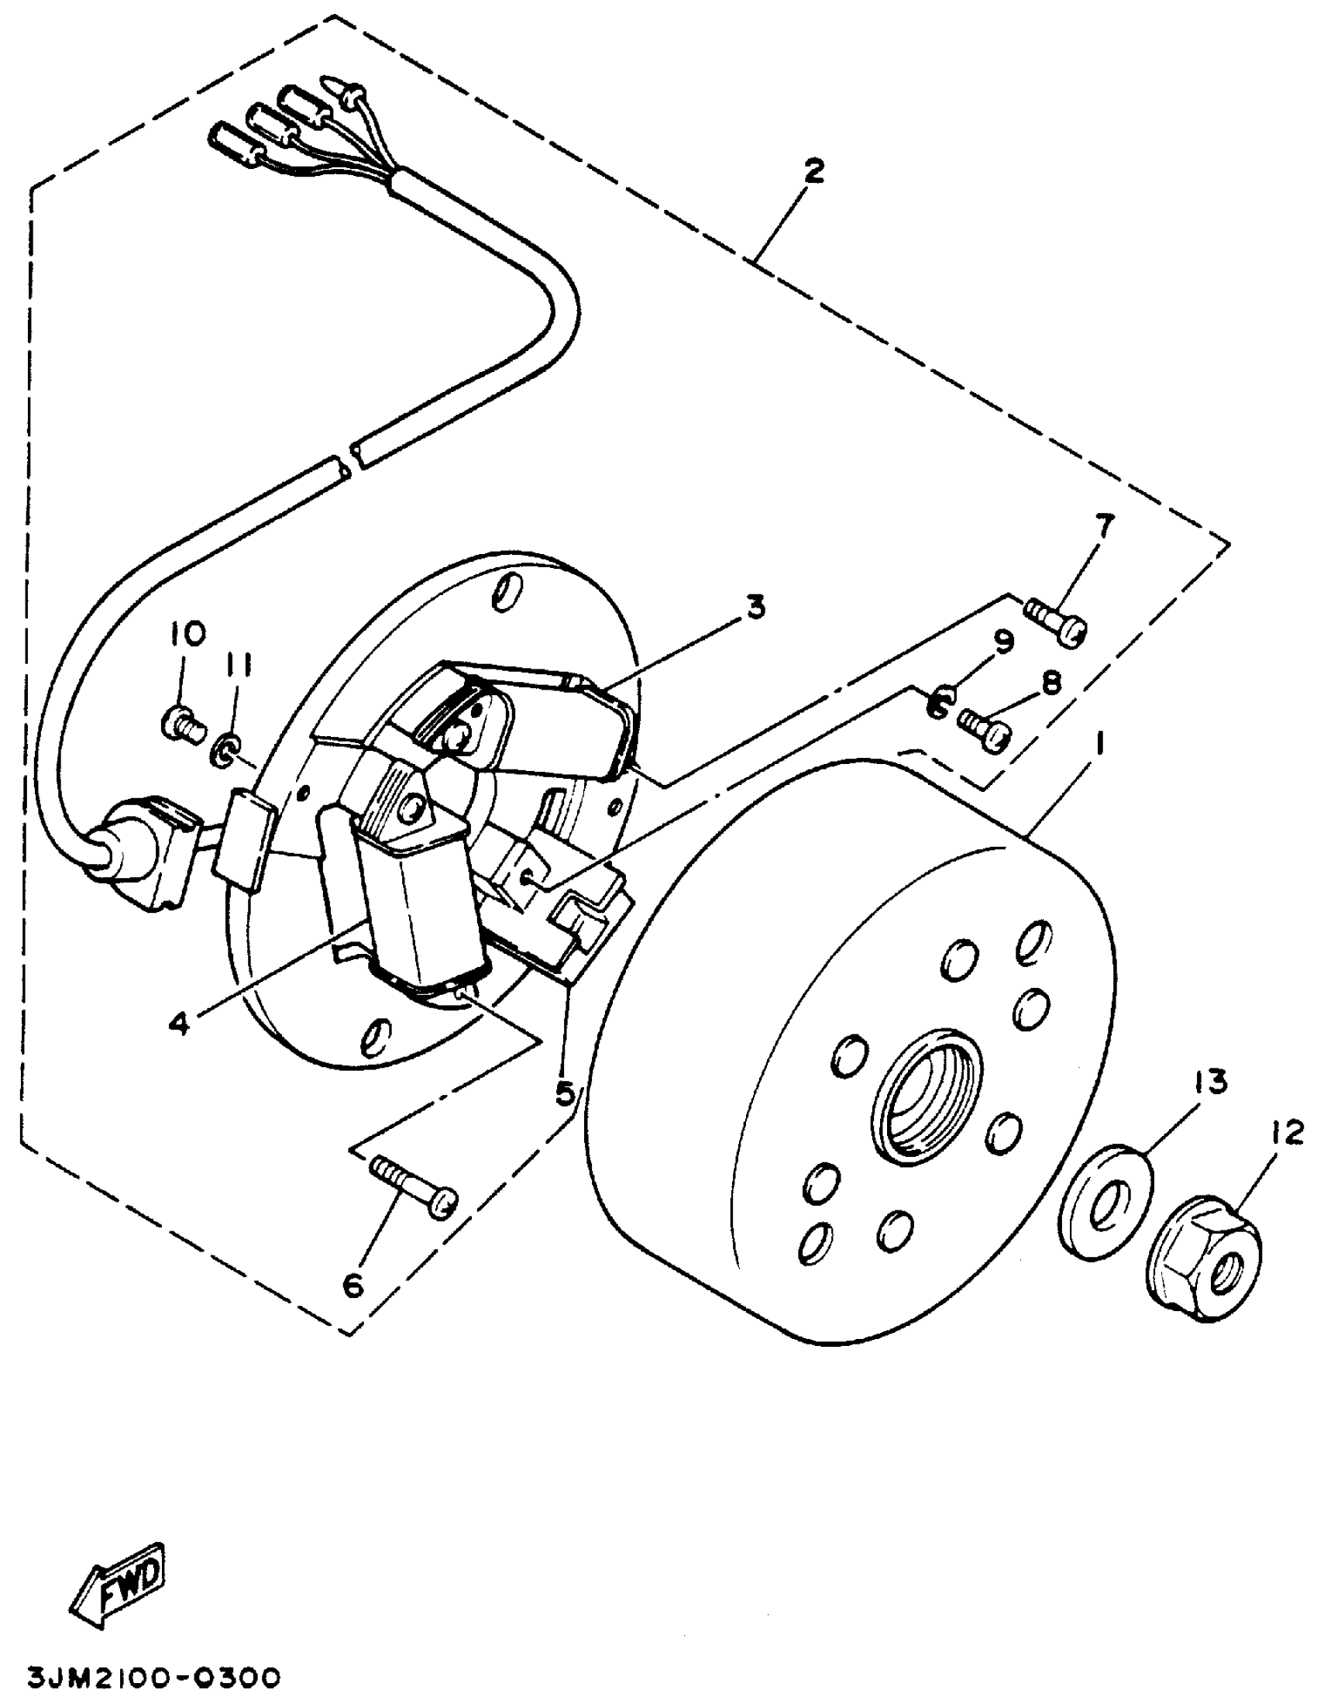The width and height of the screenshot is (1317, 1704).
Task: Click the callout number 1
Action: pyautogui.click(x=1101, y=747)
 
